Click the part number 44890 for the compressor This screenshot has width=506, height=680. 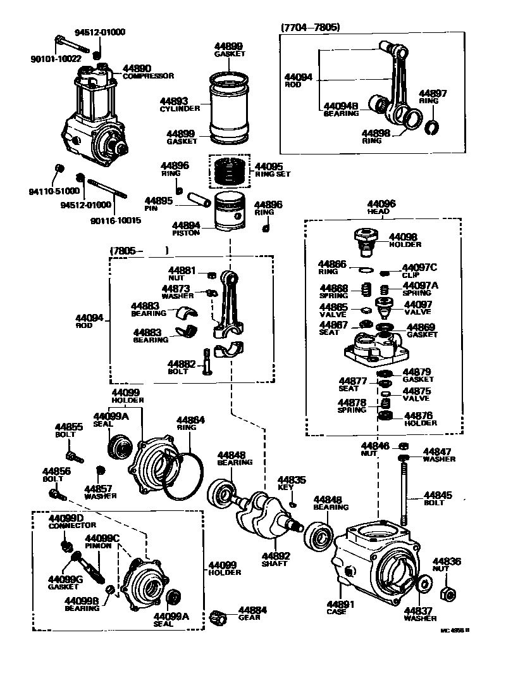(x=136, y=68)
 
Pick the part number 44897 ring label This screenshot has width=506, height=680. (x=433, y=93)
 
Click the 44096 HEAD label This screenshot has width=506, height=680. (x=381, y=204)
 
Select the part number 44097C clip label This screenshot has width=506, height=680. (x=420, y=268)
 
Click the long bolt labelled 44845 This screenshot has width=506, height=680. (x=402, y=491)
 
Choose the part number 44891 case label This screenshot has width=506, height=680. (x=341, y=604)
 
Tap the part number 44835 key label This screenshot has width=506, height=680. (x=292, y=480)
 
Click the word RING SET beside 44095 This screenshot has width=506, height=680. (x=273, y=173)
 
